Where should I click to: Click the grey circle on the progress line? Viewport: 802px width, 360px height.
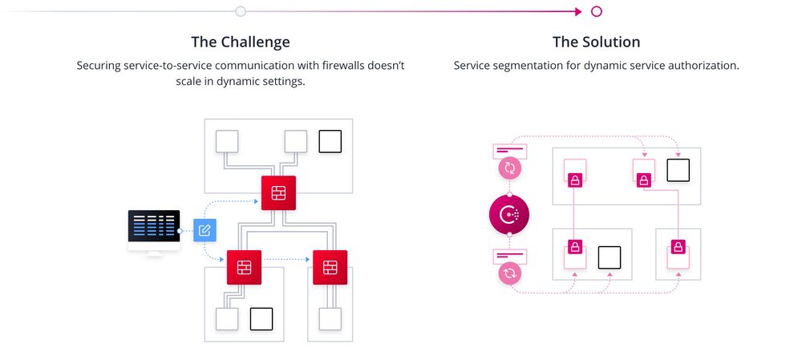click(241, 11)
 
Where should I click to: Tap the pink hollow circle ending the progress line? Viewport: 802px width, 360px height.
click(596, 11)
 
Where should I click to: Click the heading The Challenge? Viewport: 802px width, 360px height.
click(241, 42)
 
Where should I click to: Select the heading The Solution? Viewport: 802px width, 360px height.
click(596, 42)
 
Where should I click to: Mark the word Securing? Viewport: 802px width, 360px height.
click(100, 65)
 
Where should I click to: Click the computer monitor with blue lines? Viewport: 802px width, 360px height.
click(153, 229)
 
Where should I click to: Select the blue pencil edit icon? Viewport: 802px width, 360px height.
click(205, 231)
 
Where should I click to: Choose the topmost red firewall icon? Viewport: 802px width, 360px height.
click(278, 192)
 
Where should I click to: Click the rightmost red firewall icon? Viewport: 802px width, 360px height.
click(330, 268)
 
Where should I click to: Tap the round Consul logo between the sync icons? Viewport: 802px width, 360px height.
click(509, 215)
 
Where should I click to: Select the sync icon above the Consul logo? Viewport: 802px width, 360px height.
click(509, 168)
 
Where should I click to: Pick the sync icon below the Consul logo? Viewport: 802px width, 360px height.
click(509, 273)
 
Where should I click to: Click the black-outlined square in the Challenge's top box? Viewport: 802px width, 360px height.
click(330, 142)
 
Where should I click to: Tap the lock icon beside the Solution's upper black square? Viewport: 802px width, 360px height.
click(643, 180)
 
